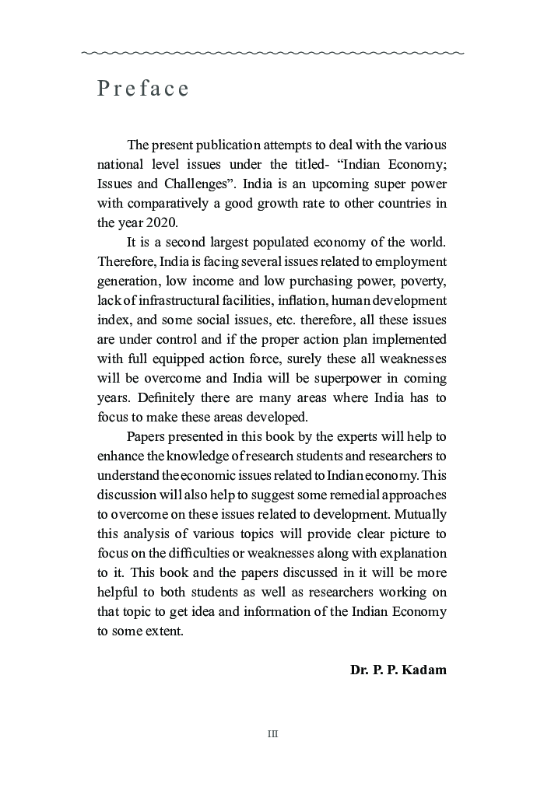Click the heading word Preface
(x=143, y=89)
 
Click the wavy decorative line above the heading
(x=272, y=53)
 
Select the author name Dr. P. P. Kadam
(x=398, y=669)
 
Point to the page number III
(x=272, y=733)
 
